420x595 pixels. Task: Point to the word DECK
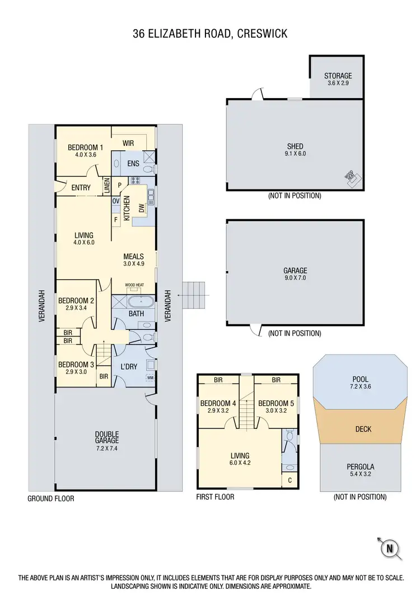click(x=363, y=429)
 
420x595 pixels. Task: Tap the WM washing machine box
click(x=150, y=377)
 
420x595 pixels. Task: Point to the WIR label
click(x=128, y=143)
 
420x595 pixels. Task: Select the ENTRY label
click(x=81, y=187)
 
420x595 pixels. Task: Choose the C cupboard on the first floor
click(x=290, y=481)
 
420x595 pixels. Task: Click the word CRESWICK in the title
click(x=262, y=34)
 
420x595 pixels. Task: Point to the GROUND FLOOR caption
click(x=51, y=498)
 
